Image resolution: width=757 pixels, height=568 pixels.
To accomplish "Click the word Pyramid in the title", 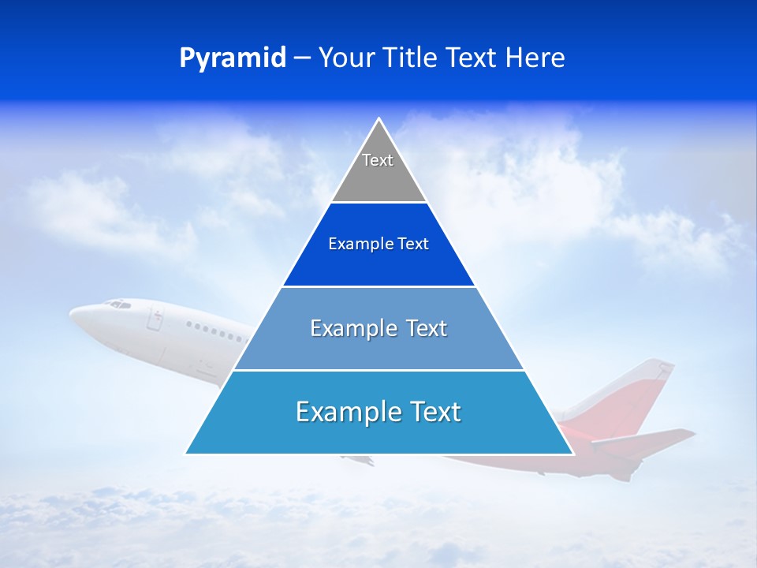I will (x=233, y=58).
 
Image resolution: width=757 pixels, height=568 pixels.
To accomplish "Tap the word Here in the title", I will (x=535, y=58).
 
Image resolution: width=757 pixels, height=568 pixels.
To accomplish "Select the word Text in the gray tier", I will (x=378, y=160).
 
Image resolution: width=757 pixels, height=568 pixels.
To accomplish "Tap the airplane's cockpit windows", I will (x=117, y=303).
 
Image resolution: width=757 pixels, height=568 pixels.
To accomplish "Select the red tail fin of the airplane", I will (x=643, y=394).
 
